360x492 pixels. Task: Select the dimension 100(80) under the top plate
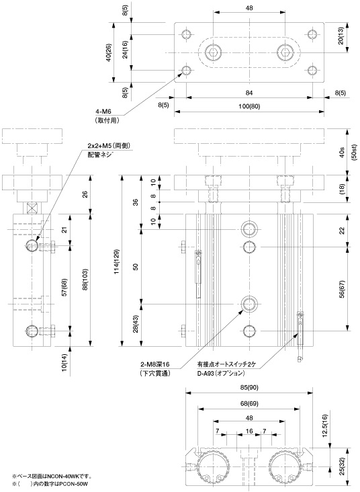pos(249,106)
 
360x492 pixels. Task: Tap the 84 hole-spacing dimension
pos(249,93)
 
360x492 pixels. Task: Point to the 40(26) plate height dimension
pos(109,52)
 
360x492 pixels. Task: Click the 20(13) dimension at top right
pos(341,36)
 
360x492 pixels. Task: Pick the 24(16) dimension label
pos(125,50)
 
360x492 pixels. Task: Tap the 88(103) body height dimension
pos(85,280)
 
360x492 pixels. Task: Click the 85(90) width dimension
pos(249,387)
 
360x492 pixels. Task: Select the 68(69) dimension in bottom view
pos(249,403)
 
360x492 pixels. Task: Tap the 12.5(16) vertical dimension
pos(324,426)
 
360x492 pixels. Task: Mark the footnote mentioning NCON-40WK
pos(52,476)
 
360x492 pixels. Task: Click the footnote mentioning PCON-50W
pos(50,484)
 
